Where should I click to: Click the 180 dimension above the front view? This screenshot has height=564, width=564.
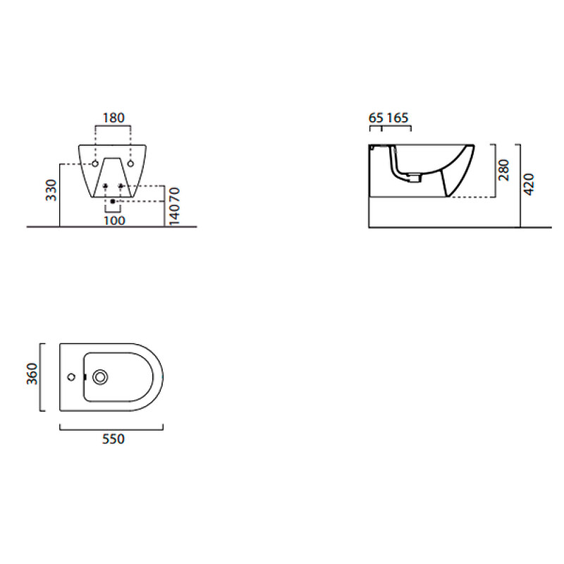[x=114, y=118]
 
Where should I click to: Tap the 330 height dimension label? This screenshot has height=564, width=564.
[x=51, y=190]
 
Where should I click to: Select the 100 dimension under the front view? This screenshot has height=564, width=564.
[x=114, y=221]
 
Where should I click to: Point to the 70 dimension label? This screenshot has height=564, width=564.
[x=174, y=195]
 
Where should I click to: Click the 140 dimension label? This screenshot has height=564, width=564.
[x=174, y=214]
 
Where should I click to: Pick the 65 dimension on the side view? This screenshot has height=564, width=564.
[x=376, y=118]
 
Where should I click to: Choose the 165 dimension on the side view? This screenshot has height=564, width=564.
[x=398, y=118]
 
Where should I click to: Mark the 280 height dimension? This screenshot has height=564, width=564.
[x=504, y=170]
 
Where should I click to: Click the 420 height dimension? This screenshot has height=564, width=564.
[x=528, y=185]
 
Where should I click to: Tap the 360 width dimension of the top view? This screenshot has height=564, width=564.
[x=32, y=374]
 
